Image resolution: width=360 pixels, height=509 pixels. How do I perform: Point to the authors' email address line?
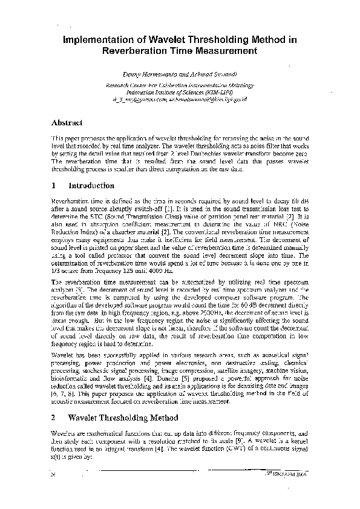pyautogui.click(x=180, y=98)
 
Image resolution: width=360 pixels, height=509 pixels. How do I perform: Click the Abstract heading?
pyautogui.click(x=67, y=123)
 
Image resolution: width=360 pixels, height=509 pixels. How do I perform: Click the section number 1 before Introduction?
pyautogui.click(x=54, y=185)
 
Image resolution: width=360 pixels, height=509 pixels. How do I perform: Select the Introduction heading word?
pyautogui.click(x=91, y=185)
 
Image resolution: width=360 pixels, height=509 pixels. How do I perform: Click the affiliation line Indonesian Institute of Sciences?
pyautogui.click(x=180, y=92)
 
